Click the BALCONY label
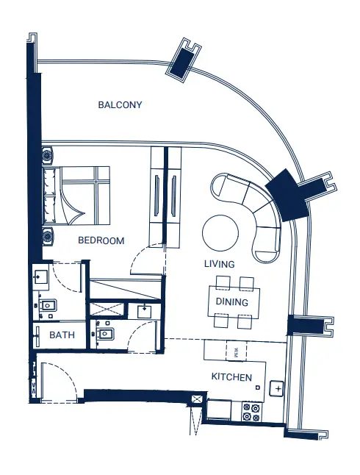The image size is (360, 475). tap(120, 105)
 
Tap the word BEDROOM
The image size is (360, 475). tap(101, 240)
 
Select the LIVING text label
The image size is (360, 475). tap(219, 264)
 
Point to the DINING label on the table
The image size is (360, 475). tap(231, 302)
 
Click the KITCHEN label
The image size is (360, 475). tap(231, 378)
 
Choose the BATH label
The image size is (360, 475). tap(61, 335)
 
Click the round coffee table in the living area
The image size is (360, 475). tap(220, 232)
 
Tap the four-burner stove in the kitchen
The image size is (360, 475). tap(251, 412)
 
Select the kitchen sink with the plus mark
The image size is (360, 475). tap(277, 387)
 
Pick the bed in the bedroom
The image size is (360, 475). tap(77, 195)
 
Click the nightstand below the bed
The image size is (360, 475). tap(49, 236)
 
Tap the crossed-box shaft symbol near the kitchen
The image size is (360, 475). tap(196, 399)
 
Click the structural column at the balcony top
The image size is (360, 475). tap(182, 61)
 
